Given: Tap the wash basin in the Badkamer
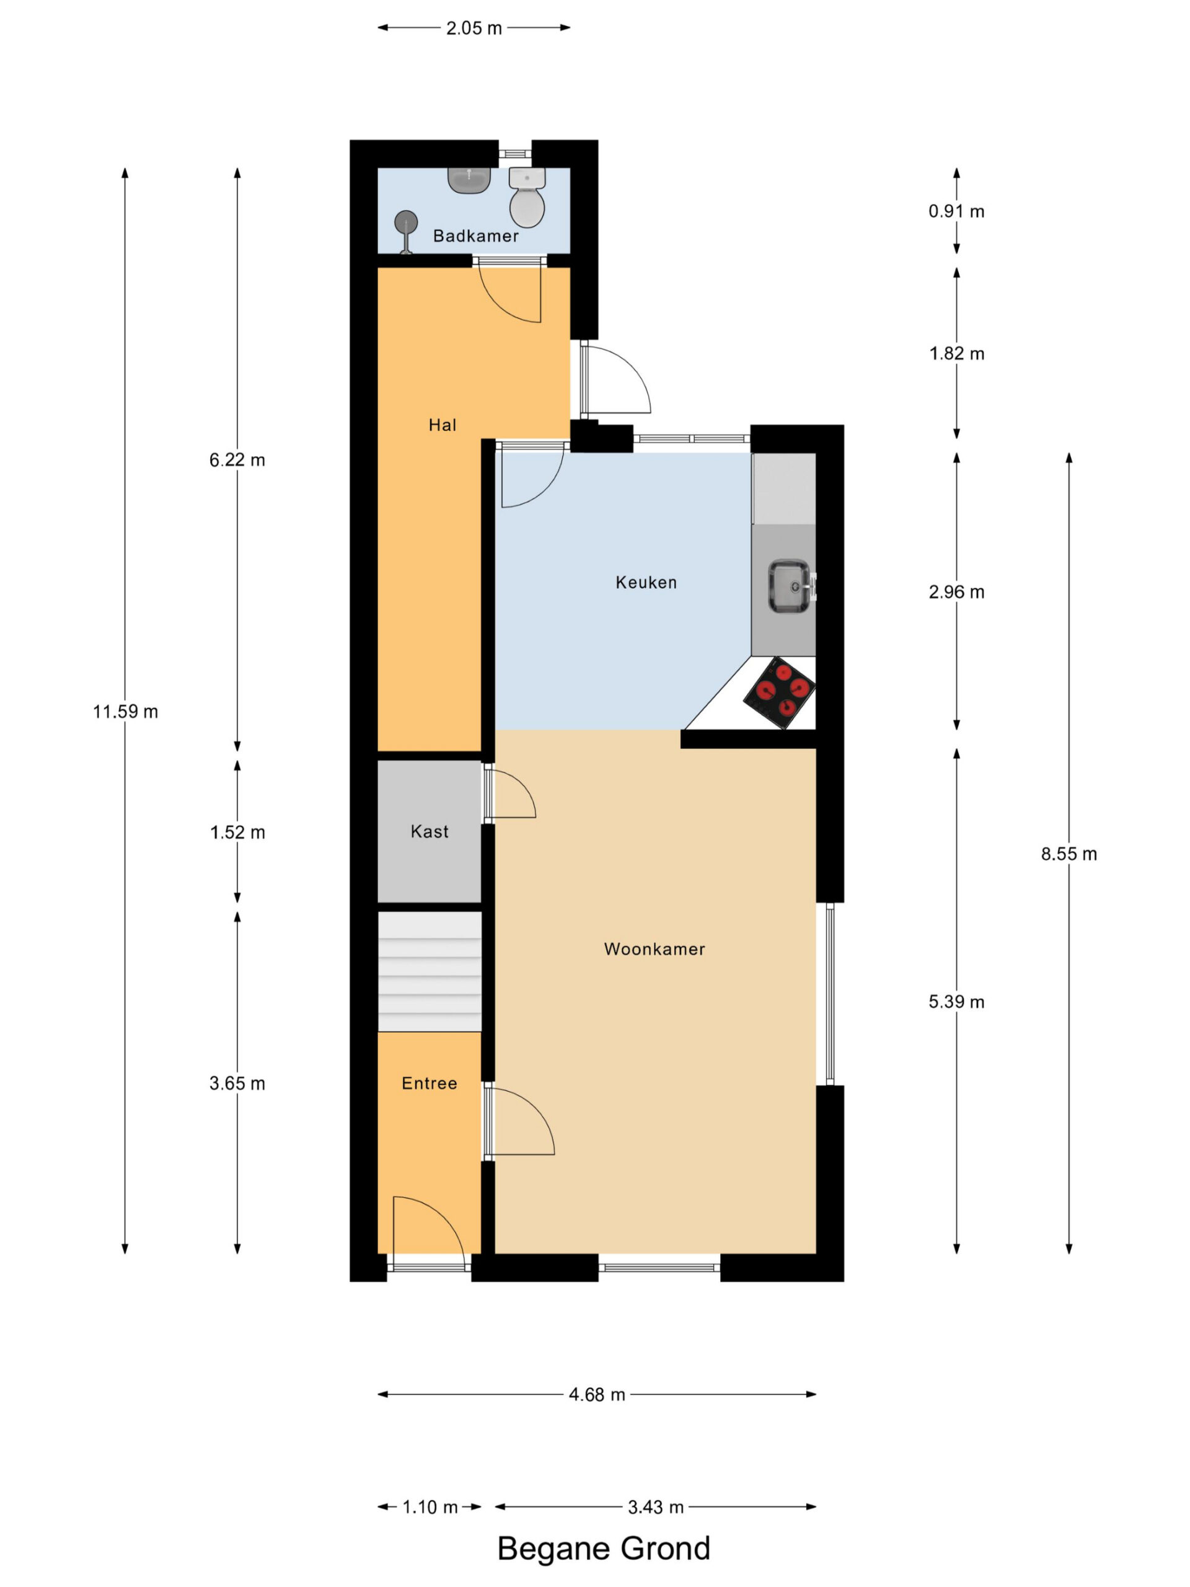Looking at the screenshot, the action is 469,180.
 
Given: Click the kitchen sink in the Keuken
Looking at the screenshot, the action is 790,587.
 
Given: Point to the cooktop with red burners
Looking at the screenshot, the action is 779,692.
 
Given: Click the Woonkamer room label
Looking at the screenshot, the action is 654,949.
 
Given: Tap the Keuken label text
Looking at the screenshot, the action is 646,582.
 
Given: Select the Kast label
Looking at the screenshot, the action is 429,831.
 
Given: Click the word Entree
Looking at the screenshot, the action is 429,1084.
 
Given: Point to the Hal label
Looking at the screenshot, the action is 442,425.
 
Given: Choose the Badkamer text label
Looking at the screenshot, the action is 475,236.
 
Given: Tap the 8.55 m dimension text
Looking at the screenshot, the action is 1069,854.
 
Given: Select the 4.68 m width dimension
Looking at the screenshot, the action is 597,1395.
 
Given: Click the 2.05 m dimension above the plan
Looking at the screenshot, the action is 474,28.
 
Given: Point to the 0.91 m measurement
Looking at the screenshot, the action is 956,211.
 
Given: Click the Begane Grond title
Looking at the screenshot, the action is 603,1549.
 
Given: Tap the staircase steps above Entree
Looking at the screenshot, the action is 429,971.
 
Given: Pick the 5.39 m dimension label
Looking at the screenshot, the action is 956,1002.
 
